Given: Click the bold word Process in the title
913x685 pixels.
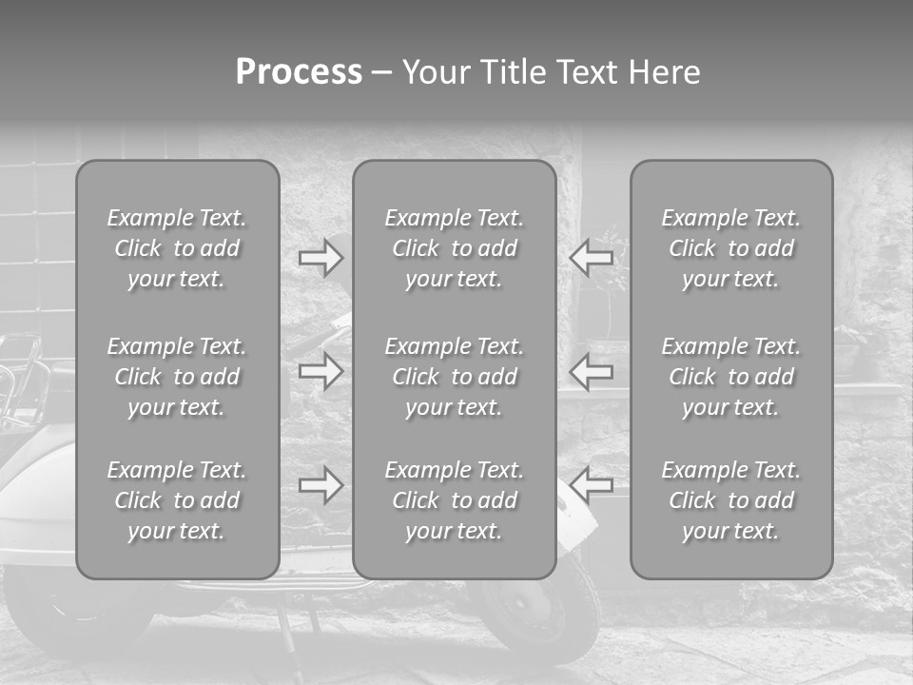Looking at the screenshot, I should tap(299, 72).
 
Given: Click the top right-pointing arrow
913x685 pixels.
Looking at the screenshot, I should tap(321, 257).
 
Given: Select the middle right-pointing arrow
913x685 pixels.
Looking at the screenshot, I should tap(321, 371).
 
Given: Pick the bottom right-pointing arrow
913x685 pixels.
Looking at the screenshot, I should tap(321, 485).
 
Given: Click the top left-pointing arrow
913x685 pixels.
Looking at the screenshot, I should tap(592, 257).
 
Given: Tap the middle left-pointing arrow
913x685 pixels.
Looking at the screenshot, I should tap(592, 371).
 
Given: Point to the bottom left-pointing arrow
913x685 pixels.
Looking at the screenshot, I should tap(592, 485).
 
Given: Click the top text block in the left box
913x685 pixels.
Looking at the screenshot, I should tap(177, 248).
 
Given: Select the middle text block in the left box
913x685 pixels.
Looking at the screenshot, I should tap(177, 377).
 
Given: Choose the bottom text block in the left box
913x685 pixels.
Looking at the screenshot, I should tap(177, 500).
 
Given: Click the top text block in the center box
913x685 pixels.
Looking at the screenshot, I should tap(455, 248).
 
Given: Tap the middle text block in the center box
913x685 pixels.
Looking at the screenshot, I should tap(455, 377).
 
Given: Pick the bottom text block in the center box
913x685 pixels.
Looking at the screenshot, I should tap(455, 500).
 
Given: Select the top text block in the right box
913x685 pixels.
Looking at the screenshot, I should tap(731, 248).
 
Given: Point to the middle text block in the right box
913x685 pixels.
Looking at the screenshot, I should tap(731, 377).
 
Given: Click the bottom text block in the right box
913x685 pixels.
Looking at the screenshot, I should tap(731, 500).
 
